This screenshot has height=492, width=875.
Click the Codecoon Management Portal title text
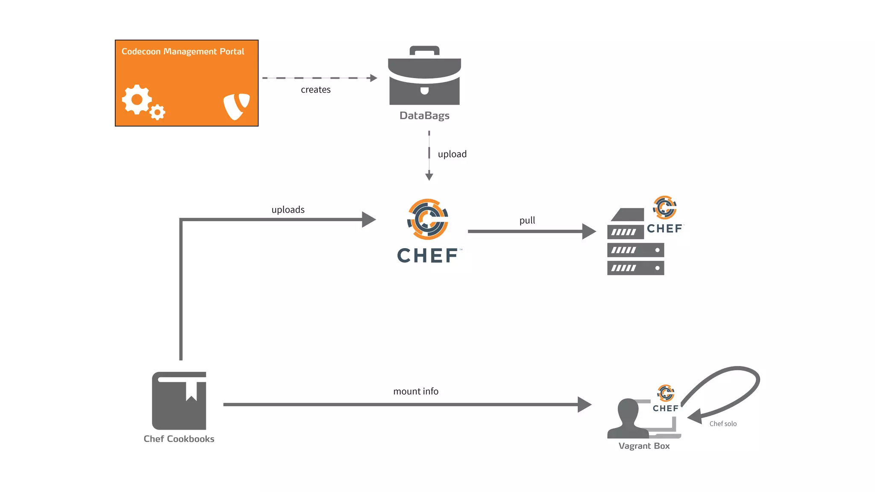[x=183, y=52]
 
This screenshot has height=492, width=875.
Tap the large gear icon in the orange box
[x=136, y=100]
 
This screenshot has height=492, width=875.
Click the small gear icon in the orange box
[x=158, y=112]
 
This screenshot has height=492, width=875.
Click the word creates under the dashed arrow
[x=315, y=90]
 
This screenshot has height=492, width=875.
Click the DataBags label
[x=424, y=116]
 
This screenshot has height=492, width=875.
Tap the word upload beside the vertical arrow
[x=452, y=154]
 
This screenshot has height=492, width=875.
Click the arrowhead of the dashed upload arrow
[x=429, y=176]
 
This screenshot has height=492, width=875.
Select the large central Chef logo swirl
[x=428, y=219]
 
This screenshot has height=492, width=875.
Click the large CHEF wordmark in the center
[x=428, y=256]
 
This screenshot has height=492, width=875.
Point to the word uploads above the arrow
[x=288, y=210]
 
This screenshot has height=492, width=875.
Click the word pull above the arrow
[x=527, y=220]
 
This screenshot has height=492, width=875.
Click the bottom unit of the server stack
[x=635, y=268]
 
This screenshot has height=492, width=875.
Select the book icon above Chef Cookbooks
[x=179, y=401]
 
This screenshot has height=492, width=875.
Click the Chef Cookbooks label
[x=179, y=439]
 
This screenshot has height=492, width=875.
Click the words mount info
[x=416, y=391]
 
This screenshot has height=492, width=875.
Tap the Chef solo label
[x=723, y=424]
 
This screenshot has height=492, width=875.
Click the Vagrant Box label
[x=644, y=446]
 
